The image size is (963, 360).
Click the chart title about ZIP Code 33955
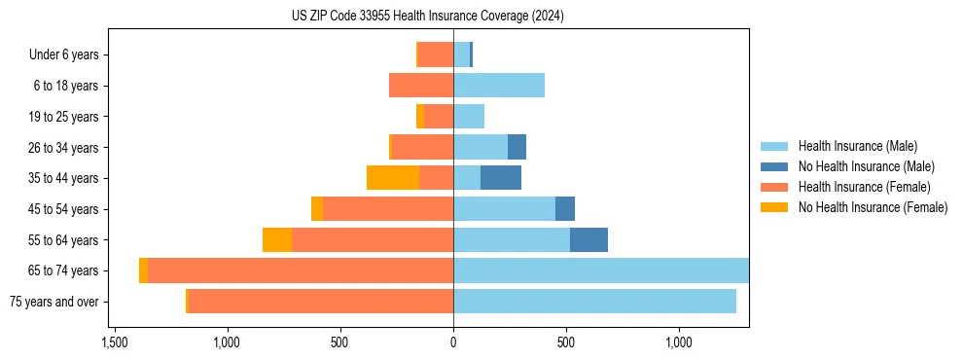tap(427, 17)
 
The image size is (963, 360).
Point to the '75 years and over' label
tap(54, 302)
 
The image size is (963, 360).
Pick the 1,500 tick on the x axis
tap(114, 342)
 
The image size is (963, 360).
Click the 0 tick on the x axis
tap(453, 342)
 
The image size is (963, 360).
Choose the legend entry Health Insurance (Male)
tap(857, 146)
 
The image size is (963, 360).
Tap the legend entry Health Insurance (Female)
tap(864, 187)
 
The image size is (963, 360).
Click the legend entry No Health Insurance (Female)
tap(873, 207)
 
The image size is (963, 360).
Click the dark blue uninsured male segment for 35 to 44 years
tap(501, 178)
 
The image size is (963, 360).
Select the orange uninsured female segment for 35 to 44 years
tap(393, 178)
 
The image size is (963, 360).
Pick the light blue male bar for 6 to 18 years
tap(499, 86)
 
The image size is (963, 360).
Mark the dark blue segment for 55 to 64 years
tap(588, 239)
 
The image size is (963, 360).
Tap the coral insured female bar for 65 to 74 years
tap(301, 270)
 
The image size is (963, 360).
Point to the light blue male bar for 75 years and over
tap(594, 302)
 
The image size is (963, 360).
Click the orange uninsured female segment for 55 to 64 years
tap(277, 239)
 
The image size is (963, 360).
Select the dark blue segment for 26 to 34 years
tap(517, 147)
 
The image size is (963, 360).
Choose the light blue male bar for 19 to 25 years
tap(469, 117)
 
